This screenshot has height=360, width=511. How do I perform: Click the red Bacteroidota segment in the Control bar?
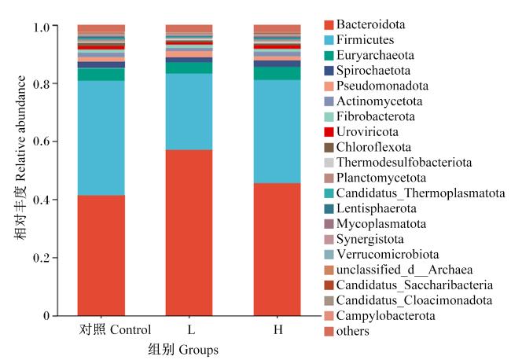101,255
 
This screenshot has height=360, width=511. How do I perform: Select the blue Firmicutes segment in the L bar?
189,112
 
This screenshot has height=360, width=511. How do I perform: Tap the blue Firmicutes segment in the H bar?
278,131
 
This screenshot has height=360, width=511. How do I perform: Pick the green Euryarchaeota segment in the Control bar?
101,75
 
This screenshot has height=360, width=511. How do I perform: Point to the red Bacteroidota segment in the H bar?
278,249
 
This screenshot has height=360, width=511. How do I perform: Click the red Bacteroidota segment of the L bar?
189,233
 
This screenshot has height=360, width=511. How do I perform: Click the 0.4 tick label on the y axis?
42,200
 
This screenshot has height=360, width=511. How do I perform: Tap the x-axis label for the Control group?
116,329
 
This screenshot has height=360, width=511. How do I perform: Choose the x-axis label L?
191,329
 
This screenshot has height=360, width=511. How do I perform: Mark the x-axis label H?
278,329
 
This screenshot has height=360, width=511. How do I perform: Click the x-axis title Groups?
198,350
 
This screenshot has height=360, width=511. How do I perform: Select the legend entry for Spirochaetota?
367,71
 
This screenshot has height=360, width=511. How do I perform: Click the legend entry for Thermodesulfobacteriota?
398,162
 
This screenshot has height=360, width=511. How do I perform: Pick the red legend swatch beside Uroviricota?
329,132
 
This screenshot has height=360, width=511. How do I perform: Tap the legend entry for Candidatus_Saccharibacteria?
409,285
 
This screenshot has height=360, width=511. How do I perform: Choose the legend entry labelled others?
347,331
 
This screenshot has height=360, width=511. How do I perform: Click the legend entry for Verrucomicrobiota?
381,254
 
